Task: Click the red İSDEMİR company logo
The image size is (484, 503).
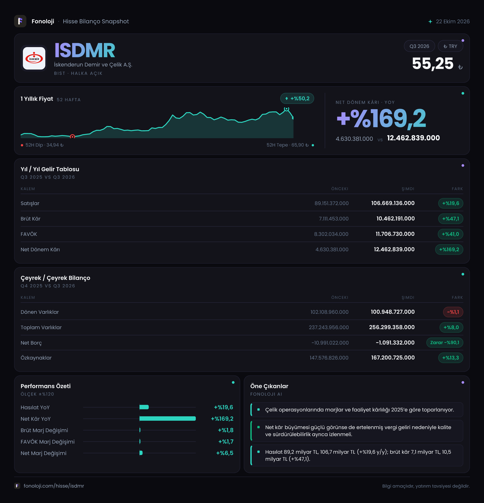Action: point(34,58)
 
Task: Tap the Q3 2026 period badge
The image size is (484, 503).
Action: point(419,46)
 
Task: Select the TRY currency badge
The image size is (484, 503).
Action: point(450,46)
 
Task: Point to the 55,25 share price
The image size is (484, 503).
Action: point(433,63)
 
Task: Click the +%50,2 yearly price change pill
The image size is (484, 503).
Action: point(297,98)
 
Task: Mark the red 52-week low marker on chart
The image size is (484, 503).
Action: point(72,136)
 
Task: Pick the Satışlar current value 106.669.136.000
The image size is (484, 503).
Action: point(393,203)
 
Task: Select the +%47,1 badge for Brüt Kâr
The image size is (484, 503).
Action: point(450,219)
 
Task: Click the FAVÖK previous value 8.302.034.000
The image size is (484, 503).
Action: point(331,234)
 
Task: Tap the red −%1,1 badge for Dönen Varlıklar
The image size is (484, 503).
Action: point(453,312)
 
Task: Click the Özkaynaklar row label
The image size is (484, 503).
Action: point(36,358)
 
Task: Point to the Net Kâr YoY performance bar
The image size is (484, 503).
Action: point(167,419)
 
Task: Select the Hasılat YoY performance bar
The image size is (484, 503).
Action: point(144,407)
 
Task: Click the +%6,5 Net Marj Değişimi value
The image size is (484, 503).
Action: point(225,453)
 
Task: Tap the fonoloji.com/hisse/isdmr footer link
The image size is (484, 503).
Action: point(54,486)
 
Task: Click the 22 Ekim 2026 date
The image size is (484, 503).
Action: point(453,22)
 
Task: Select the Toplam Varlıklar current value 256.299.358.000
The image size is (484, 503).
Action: point(392,327)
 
